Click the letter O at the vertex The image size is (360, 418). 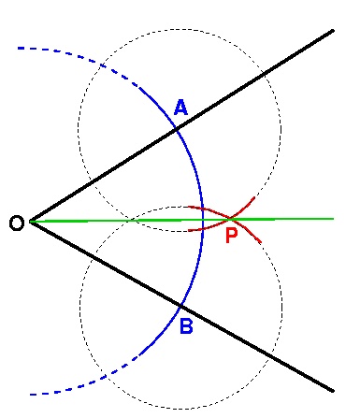(15, 223)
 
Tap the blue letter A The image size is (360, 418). (181, 108)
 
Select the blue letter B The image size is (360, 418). (185, 326)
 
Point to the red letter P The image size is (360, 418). (232, 236)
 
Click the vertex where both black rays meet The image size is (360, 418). (30, 222)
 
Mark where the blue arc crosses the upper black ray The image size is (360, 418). (178, 129)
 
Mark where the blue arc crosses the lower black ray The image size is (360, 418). (181, 306)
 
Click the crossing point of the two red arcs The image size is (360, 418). (231, 219)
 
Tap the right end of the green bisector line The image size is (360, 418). (334, 218)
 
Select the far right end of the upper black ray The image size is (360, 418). (334, 31)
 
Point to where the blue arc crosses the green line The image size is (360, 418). (204, 220)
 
